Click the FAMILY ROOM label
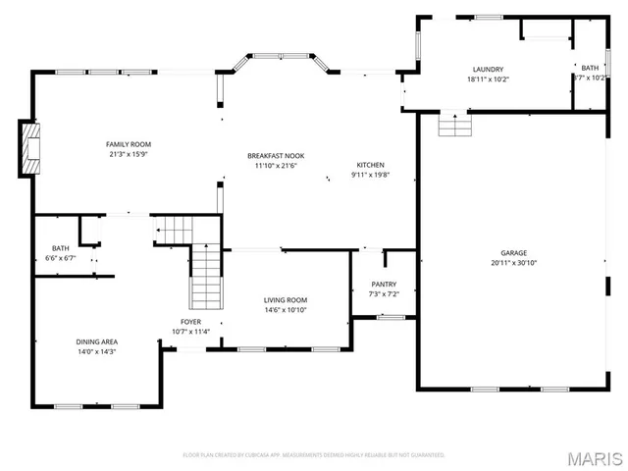coord(129,144)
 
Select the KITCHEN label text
coord(370,165)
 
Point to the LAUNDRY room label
coord(487,69)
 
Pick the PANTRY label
coord(382,285)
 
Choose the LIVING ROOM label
coord(286,300)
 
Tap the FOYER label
coord(190,322)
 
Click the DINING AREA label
coord(96,341)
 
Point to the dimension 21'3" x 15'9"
coord(129,154)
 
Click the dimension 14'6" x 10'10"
coord(286,310)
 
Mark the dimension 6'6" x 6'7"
coord(60,257)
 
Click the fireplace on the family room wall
coord(32,146)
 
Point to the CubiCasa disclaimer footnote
coord(314,455)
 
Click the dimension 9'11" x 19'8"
coord(370,175)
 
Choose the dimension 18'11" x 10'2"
coord(487,78)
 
